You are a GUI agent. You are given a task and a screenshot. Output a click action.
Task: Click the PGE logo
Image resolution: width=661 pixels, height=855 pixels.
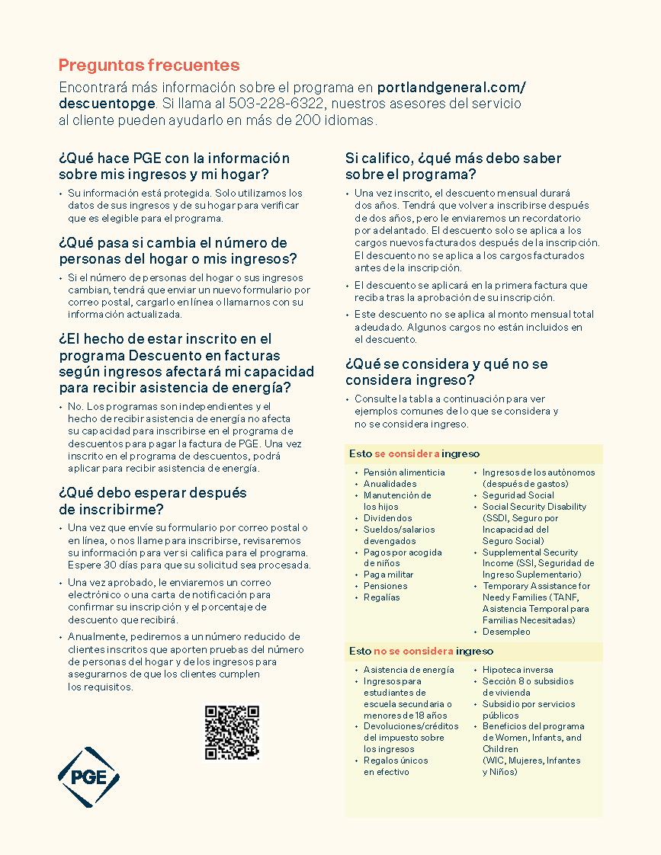coord(88,777)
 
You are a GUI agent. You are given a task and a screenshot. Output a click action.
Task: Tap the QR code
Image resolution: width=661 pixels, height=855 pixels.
coord(232,732)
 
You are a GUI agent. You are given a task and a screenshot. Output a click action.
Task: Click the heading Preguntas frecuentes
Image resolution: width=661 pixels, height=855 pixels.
coord(149,66)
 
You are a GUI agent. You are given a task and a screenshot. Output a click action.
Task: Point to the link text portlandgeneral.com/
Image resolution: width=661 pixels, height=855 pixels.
coord(451,87)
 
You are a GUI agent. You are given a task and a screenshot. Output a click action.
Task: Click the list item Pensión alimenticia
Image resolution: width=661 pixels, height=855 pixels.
coord(404,472)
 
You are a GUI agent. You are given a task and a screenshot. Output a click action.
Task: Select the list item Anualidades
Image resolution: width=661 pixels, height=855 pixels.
coord(390,484)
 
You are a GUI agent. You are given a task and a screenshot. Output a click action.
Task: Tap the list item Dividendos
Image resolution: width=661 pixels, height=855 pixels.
coord(387,518)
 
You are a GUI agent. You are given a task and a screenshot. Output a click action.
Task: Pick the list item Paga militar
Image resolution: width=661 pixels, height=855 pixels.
coord(388,575)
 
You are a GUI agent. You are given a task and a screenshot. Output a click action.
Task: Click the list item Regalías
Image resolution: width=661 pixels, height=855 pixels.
coord(381,597)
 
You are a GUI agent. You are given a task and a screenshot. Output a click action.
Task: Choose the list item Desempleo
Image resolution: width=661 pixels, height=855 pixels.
coord(506,632)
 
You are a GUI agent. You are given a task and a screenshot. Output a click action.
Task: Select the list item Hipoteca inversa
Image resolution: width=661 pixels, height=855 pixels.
coord(518,670)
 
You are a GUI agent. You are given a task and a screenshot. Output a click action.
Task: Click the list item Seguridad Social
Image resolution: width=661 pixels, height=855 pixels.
coord(518,495)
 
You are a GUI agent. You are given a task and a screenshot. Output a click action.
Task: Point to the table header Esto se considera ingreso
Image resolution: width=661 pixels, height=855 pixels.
coord(415,454)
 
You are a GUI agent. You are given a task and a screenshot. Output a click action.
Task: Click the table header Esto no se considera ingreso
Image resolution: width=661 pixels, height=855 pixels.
coord(421,652)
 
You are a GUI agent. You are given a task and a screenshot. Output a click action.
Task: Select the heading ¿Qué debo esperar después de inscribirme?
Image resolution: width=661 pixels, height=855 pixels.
coord(152,501)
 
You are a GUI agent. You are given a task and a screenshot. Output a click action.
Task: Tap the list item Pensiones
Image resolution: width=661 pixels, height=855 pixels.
coord(385,586)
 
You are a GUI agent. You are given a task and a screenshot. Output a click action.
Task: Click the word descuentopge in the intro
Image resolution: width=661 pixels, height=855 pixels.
coord(107,103)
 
